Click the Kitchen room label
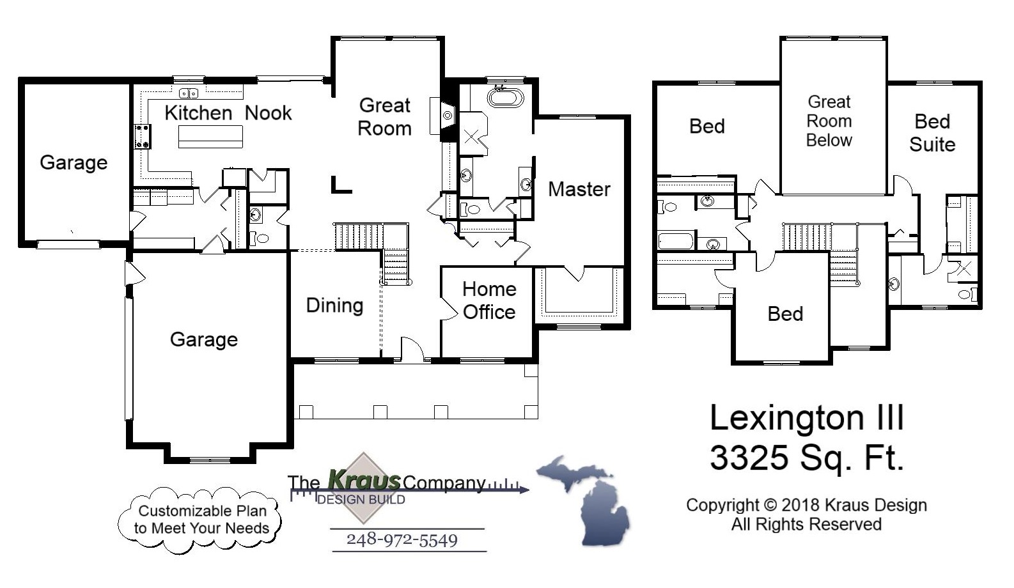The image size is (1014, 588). coord(198,113)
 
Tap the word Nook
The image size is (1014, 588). coord(268,113)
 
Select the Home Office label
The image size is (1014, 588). coord(489,300)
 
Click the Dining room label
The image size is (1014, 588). coord(334,306)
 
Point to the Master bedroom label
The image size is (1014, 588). coord(579,189)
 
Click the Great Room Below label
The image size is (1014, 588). coord(829,121)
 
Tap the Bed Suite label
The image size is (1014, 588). coord(932,133)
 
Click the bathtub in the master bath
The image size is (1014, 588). coord(505,98)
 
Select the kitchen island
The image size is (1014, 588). coord(210,136)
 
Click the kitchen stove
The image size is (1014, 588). coord(143,136)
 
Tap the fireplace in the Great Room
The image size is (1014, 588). coord(447,115)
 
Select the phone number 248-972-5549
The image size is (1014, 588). coord(402,540)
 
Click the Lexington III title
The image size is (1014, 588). coord(807,418)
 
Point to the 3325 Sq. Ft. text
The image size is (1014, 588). coord(807,458)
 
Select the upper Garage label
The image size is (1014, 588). coord(74,162)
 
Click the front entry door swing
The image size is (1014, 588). coord(412,350)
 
